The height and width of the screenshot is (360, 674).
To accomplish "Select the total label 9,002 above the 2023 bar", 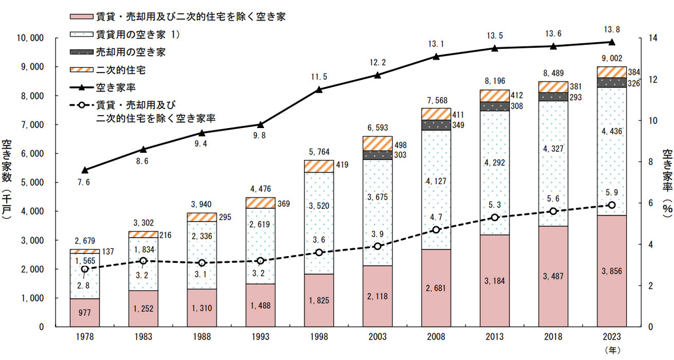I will coord(612,58).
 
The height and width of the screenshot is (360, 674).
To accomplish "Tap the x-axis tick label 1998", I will coord(318,337).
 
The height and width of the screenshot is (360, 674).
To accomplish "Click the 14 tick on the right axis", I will coord(653,38).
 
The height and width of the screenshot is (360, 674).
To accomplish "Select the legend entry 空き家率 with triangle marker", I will coord(120,87).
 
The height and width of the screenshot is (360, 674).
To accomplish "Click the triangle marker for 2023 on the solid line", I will coord(612,42).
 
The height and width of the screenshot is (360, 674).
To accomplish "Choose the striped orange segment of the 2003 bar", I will coord(377,143).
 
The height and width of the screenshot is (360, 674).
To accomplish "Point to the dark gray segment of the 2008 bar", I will coord(436,125).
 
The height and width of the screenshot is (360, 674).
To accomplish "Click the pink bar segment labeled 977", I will coord(84,312).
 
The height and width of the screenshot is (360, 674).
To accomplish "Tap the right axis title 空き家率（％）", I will coord(667,183).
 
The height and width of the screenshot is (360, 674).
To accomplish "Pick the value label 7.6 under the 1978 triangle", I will coord(84,182).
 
